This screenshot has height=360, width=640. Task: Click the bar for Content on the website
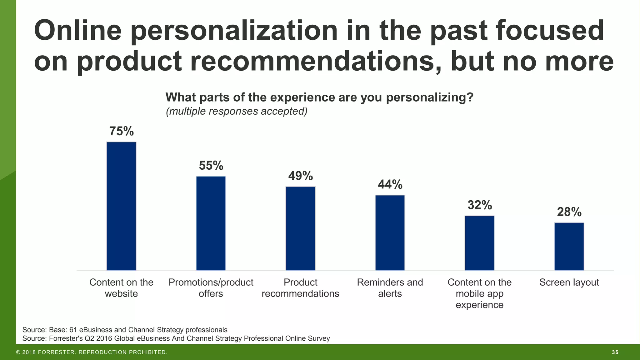[x=121, y=206]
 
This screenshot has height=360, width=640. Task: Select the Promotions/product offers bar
[x=211, y=223]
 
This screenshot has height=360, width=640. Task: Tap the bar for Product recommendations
[x=300, y=228]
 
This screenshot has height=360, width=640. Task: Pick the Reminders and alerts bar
[x=390, y=233]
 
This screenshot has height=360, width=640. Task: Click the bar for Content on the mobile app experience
[x=479, y=243]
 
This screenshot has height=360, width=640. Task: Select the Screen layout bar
[x=569, y=247]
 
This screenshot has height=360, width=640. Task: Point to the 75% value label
[x=121, y=131]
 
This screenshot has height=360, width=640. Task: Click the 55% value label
[x=211, y=166]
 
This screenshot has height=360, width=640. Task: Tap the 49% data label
[x=300, y=176]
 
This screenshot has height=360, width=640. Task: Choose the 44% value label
[x=390, y=184]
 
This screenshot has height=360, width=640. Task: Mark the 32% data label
[x=479, y=205]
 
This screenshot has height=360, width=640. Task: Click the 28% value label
[x=569, y=212]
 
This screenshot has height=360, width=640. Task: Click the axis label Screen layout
[x=569, y=282]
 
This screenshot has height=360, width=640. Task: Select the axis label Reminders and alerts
[x=390, y=288]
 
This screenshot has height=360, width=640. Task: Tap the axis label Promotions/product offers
[x=211, y=288]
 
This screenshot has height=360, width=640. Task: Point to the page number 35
[x=615, y=352]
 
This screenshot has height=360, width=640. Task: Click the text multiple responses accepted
[x=237, y=111]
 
